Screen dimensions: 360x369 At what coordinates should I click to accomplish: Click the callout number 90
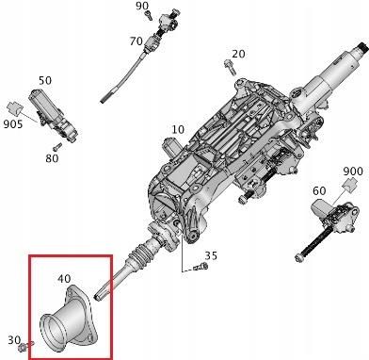142,7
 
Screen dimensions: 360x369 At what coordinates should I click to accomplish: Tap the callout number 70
136,41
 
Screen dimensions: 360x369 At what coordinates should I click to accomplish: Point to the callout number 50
45,82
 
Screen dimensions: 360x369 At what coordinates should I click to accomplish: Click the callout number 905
13,122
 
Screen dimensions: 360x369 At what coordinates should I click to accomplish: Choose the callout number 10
178,129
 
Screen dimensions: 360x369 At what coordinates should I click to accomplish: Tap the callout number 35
211,255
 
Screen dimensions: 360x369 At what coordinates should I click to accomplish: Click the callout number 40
64,280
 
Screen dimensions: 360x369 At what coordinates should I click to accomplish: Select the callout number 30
13,339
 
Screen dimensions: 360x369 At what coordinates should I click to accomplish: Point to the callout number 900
352,171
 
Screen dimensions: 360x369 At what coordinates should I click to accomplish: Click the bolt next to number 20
228,64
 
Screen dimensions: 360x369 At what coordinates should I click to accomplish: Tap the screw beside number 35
199,268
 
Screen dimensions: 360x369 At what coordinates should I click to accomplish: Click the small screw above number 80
57,146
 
